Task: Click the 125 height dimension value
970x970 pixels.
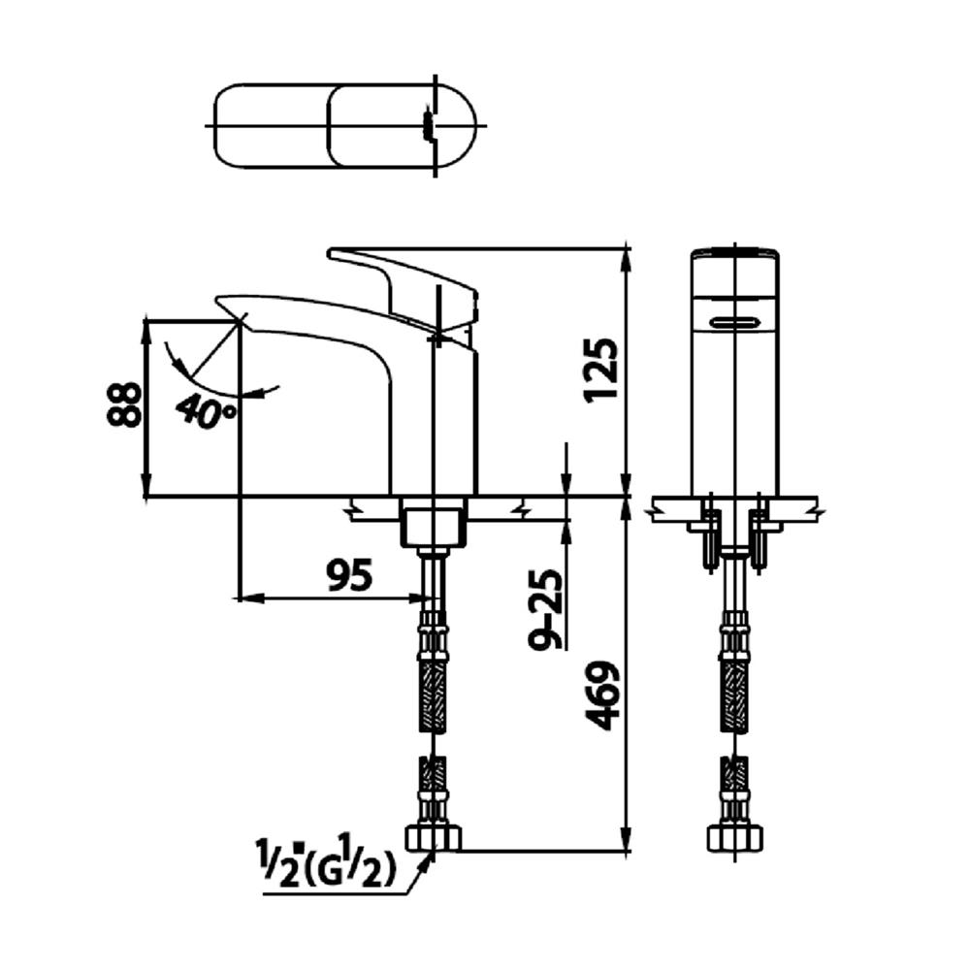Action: click(x=601, y=369)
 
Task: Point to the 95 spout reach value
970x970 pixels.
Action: click(x=348, y=577)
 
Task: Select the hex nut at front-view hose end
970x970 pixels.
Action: click(x=734, y=837)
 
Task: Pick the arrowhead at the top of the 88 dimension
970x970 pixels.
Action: click(x=145, y=327)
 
